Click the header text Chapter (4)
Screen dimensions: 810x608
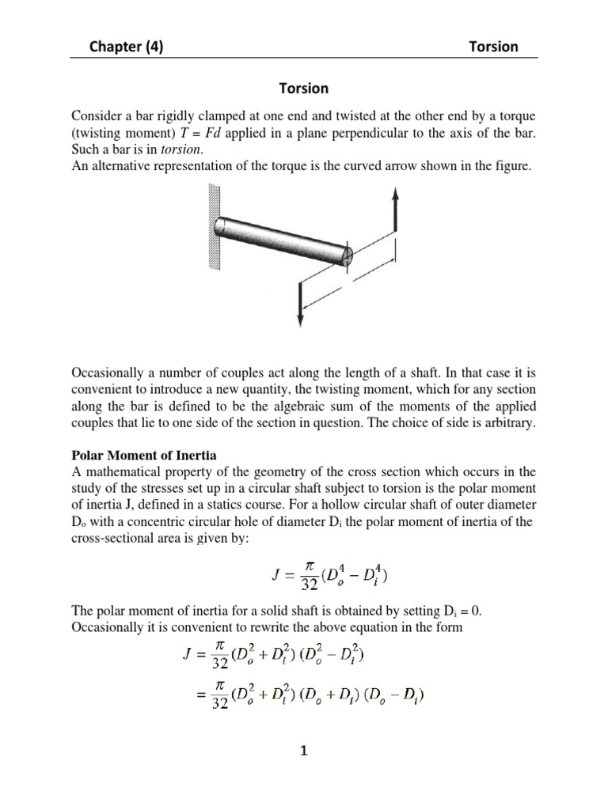(x=127, y=46)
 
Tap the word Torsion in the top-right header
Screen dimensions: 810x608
(x=493, y=46)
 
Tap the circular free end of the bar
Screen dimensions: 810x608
(x=347, y=255)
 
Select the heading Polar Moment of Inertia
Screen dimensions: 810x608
(x=144, y=456)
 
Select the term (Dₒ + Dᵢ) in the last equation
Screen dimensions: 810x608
(x=335, y=697)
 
